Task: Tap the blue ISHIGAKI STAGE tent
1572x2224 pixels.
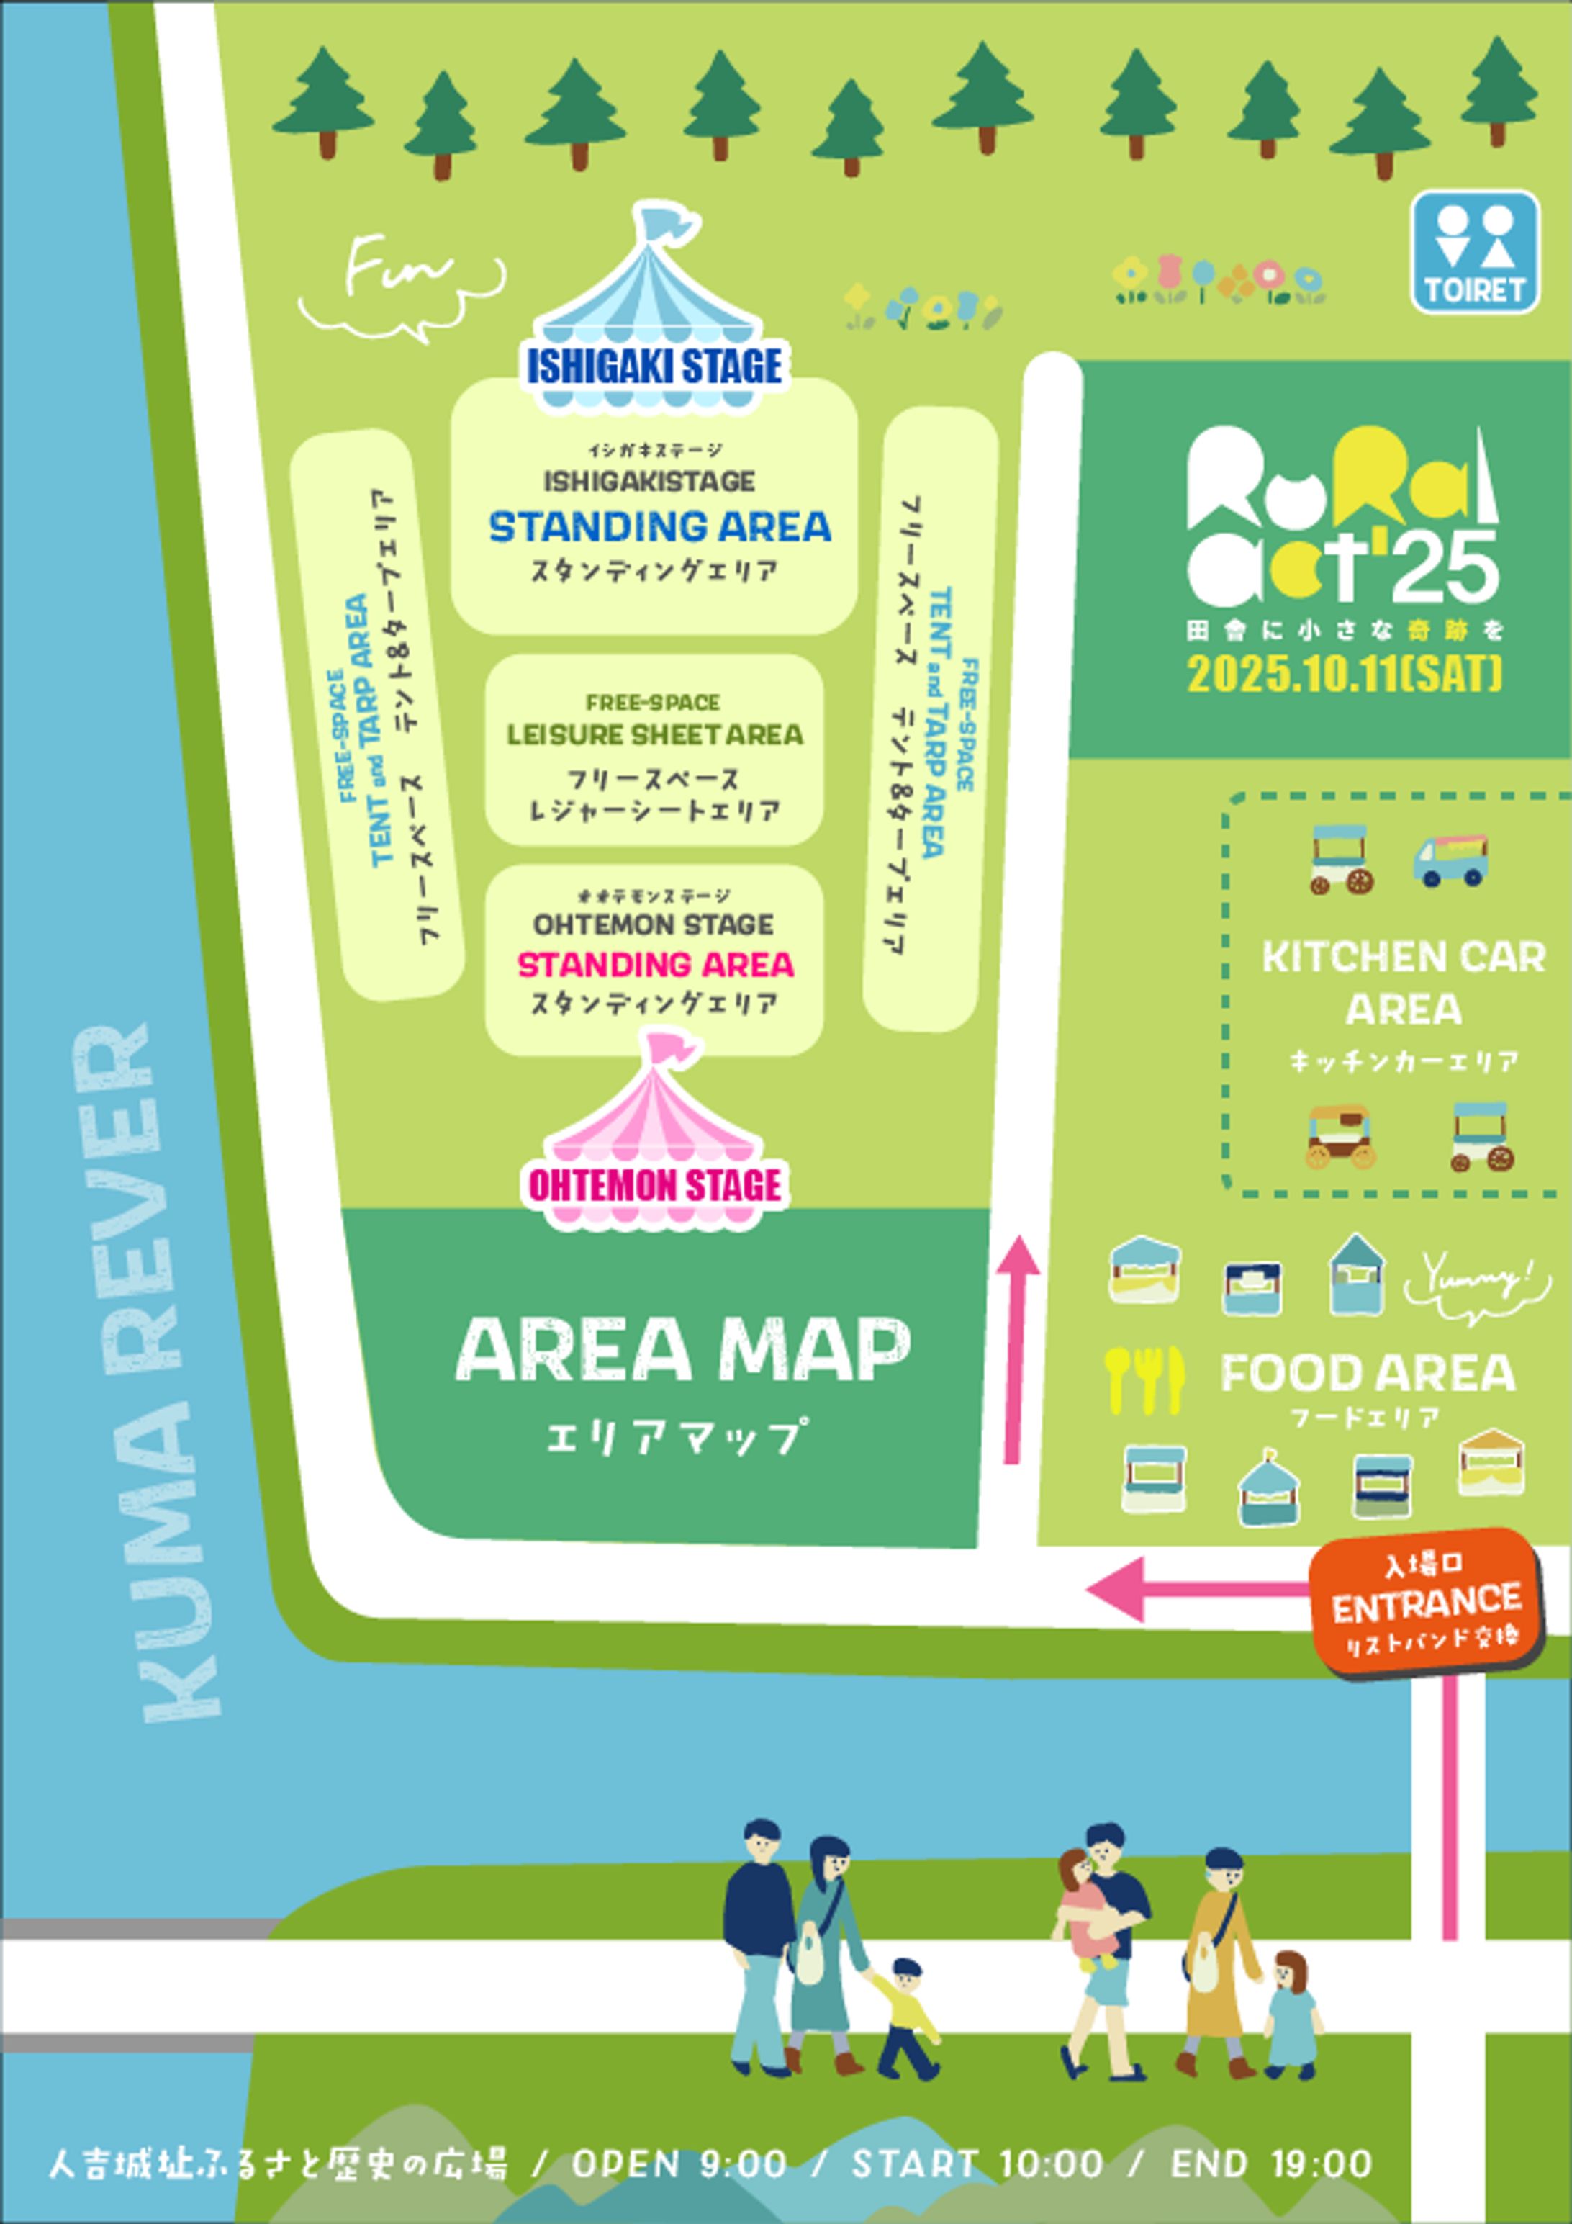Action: coord(656,310)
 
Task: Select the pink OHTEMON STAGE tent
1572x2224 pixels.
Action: coord(656,1133)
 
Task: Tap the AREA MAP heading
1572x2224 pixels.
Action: coord(683,1349)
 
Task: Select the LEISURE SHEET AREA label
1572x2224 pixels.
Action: coord(655,735)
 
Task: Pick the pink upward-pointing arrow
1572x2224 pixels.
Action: coord(1016,1346)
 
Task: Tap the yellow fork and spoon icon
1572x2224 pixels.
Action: coord(1144,1378)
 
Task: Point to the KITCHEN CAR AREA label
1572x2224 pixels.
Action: coord(1403,983)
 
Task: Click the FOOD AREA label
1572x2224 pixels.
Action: coord(1368,1374)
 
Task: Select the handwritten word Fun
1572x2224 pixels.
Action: coord(398,271)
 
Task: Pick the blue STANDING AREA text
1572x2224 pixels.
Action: coord(659,527)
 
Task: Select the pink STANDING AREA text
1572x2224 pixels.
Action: coord(655,965)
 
